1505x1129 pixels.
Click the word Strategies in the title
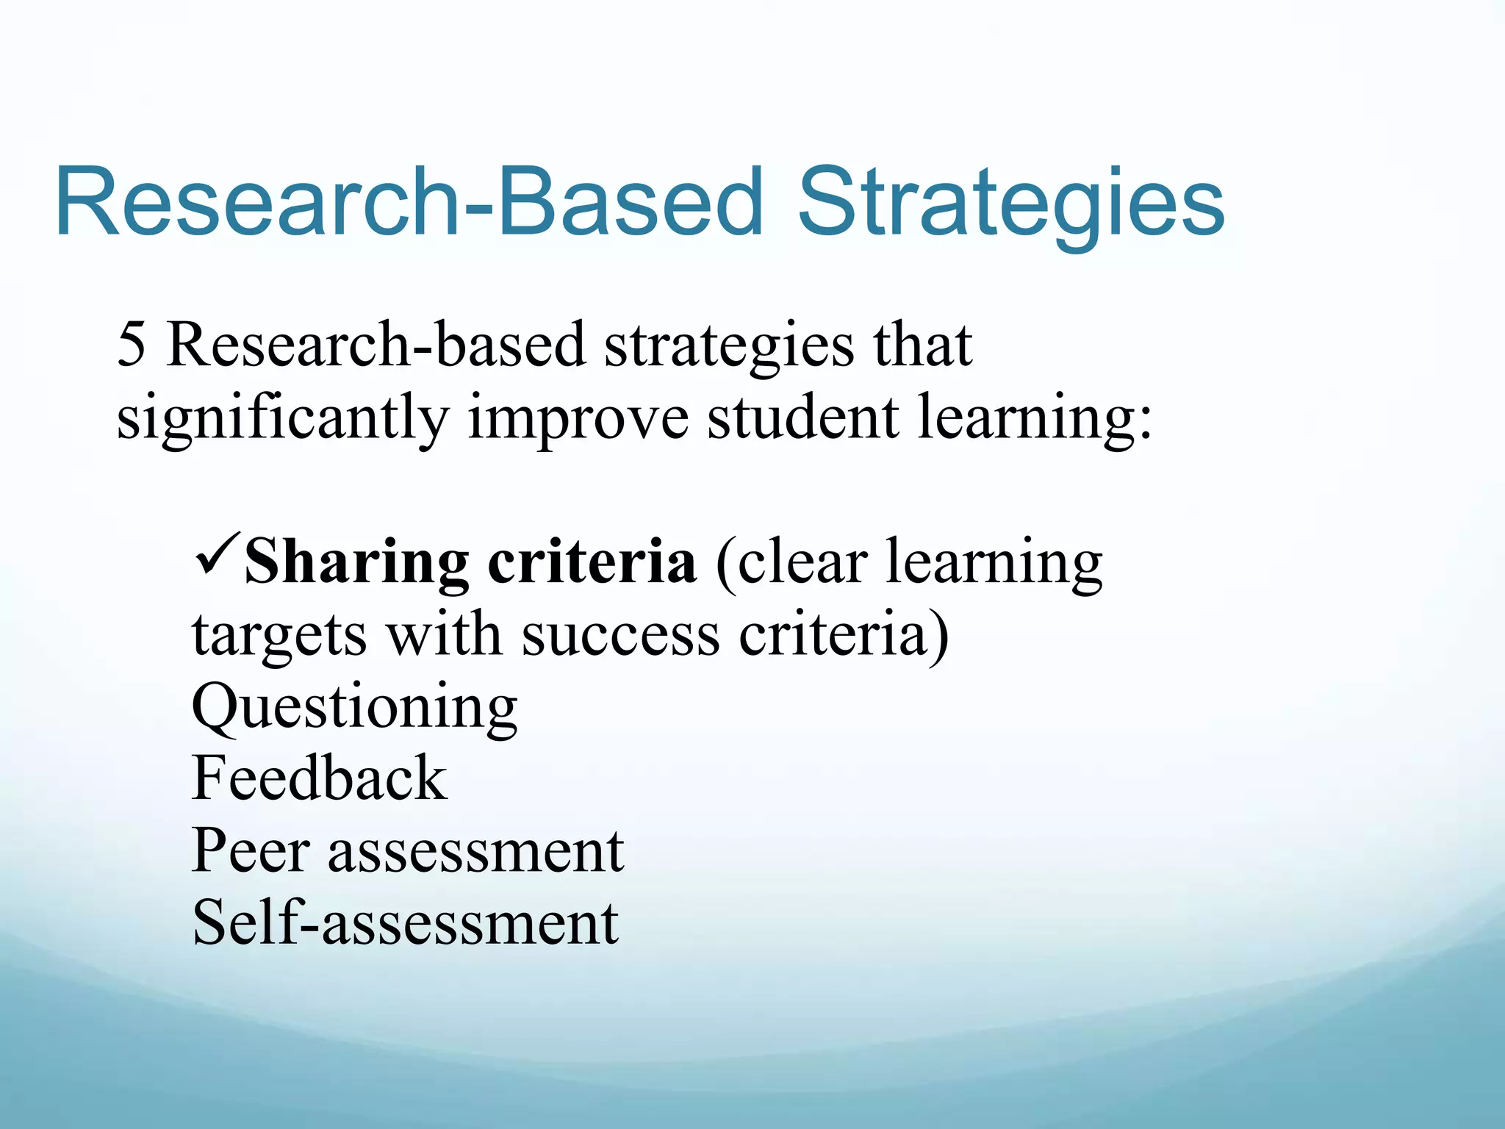pyautogui.click(x=1010, y=204)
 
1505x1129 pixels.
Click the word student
pyautogui.click(x=802, y=416)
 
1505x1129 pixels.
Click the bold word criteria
pyautogui.click(x=592, y=562)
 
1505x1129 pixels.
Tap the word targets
pyautogui.click(x=279, y=635)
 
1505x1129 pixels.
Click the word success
pyautogui.click(x=620, y=635)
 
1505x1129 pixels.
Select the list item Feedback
pyautogui.click(x=319, y=778)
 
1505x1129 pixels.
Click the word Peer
pyautogui.click(x=250, y=850)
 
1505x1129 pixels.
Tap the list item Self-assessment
pyautogui.click(x=405, y=922)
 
